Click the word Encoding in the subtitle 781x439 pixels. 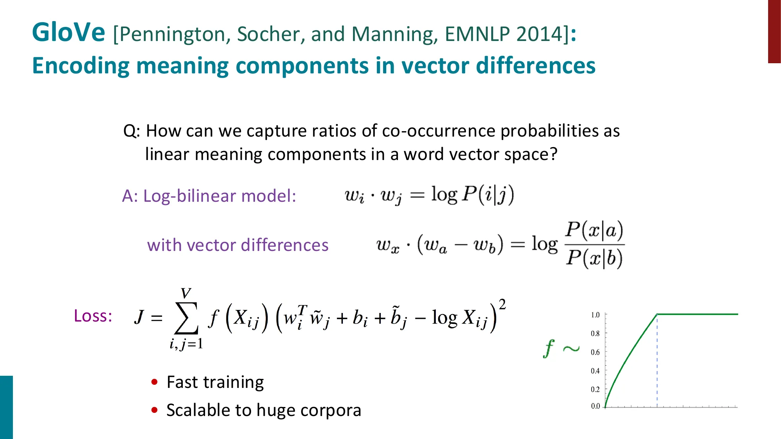[80, 66]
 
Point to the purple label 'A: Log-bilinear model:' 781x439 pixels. [209, 196]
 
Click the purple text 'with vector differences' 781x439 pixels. [237, 245]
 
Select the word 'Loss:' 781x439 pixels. [93, 316]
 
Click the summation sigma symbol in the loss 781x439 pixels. [186, 318]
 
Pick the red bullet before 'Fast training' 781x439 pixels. [155, 382]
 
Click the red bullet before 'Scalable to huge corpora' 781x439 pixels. [155, 410]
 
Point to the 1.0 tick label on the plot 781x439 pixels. [595, 315]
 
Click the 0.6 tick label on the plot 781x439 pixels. [595, 352]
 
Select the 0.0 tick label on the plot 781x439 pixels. [595, 406]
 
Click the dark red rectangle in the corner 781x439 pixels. [774, 31]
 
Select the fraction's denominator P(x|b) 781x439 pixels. [594, 258]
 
